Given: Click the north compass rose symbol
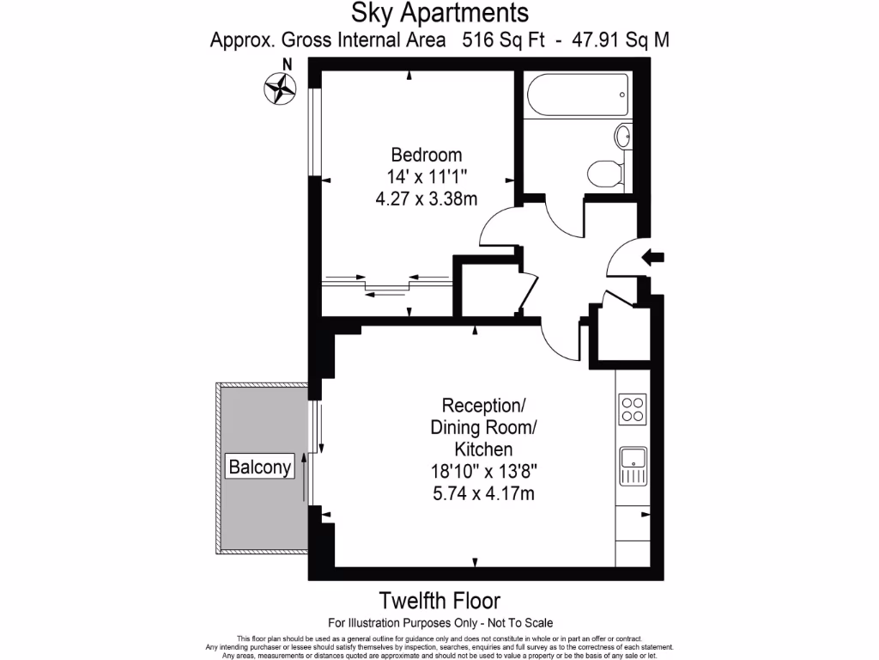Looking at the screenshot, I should click(281, 86).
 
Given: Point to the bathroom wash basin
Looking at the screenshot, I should click(623, 135).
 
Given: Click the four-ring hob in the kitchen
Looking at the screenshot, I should click(633, 408).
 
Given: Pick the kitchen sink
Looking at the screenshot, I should click(633, 467).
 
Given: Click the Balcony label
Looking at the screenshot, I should click(259, 467).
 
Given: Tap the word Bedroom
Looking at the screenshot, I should click(427, 156).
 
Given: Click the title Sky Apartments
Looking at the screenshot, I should click(439, 13).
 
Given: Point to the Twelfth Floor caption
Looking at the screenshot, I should click(439, 600).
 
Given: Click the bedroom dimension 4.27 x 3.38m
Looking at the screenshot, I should click(427, 198).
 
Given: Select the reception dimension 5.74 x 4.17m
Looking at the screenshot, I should click(476, 493).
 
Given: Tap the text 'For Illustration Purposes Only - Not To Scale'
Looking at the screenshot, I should click(439, 622).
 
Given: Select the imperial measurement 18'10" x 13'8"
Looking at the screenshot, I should click(476, 471).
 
